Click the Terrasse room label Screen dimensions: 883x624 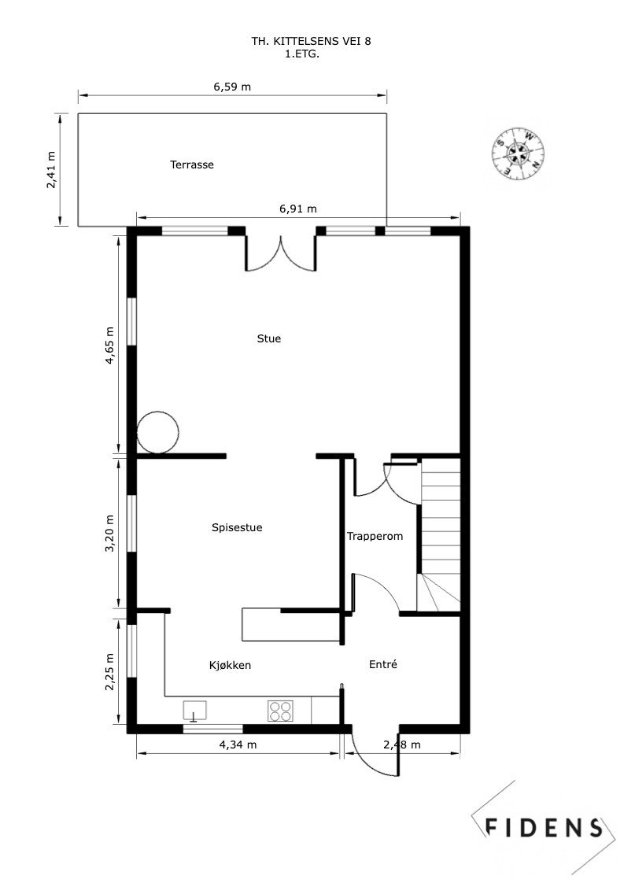tap(192, 165)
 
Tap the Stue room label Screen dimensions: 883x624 tap(268, 339)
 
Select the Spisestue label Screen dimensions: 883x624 tap(237, 528)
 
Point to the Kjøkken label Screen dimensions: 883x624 tap(230, 666)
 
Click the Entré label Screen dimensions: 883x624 tap(382, 665)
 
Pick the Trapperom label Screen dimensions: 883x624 tap(375, 537)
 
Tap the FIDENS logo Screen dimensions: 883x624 tap(542, 826)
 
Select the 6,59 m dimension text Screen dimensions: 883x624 tap(232, 87)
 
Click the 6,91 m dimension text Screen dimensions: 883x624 tap(298, 209)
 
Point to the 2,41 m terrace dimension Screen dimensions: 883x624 tap(52, 169)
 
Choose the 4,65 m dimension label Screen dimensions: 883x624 tap(110, 345)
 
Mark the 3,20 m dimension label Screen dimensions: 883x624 tap(110, 534)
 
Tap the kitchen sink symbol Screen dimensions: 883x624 tap(194, 711)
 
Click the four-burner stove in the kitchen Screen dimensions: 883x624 tap(279, 711)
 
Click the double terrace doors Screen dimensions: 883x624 tap(281, 252)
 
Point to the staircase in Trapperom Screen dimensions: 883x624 tap(439, 535)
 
